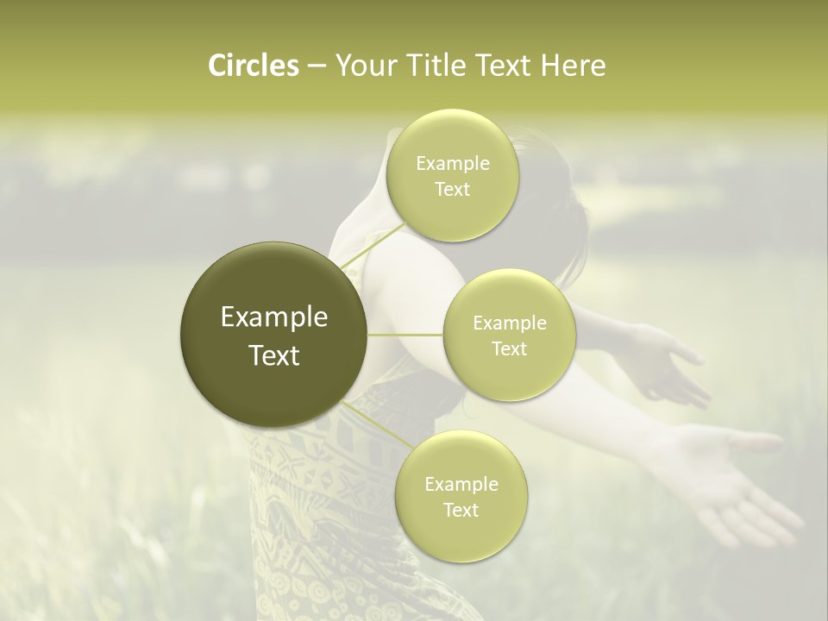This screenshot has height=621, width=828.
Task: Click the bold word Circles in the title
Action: tap(253, 66)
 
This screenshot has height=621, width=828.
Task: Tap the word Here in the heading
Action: tap(574, 66)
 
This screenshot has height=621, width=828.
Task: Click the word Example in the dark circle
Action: tap(274, 317)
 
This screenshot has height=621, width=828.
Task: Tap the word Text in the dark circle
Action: tap(274, 355)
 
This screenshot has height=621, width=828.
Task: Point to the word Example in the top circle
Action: tap(453, 164)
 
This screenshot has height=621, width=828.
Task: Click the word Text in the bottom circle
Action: tap(461, 510)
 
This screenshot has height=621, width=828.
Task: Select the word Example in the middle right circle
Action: tap(510, 323)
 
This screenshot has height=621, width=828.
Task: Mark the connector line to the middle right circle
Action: tap(405, 335)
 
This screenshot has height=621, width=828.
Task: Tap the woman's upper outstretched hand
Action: tap(668, 362)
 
